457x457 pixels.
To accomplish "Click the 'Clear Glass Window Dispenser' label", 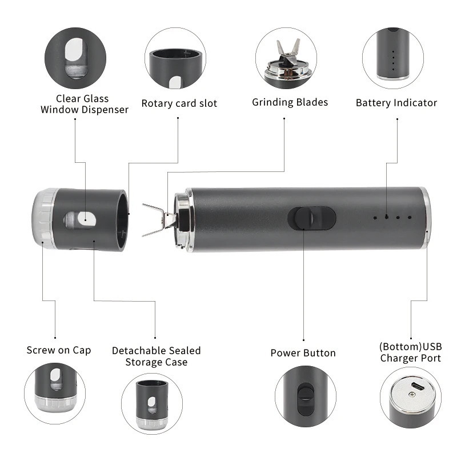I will pos(84,104).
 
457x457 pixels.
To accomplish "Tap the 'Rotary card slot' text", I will pos(179,103).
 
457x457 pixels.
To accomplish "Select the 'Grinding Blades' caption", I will pos(290,102).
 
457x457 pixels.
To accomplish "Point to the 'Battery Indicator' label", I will pos(396,103).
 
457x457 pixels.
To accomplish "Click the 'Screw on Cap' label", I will pos(58,350).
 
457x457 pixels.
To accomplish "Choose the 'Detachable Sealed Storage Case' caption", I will pos(156,356).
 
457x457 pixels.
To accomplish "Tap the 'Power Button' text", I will pos(303,353).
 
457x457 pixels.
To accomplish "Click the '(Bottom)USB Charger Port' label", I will pos(410,352).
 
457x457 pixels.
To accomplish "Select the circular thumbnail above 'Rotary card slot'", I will pos(175,59).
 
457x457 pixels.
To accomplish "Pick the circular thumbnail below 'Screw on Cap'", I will pos(55,393).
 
